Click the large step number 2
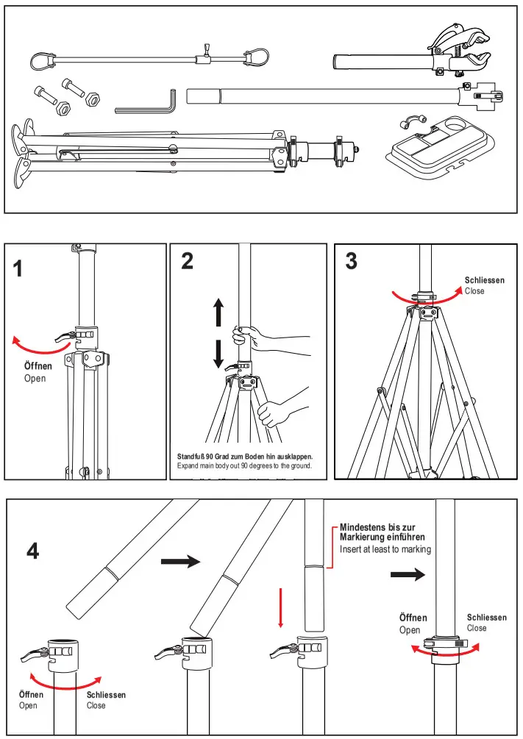pyautogui.click(x=187, y=261)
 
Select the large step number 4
pyautogui.click(x=32, y=551)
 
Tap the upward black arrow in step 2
pyautogui.click(x=218, y=313)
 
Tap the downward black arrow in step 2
pyautogui.click(x=218, y=354)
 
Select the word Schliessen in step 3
pyautogui.click(x=485, y=280)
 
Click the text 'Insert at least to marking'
pyautogui.click(x=385, y=549)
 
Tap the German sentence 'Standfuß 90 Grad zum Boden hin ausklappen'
pyautogui.click(x=245, y=456)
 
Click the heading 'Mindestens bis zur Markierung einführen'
pyautogui.click(x=382, y=532)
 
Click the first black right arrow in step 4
pyautogui.click(x=180, y=562)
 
